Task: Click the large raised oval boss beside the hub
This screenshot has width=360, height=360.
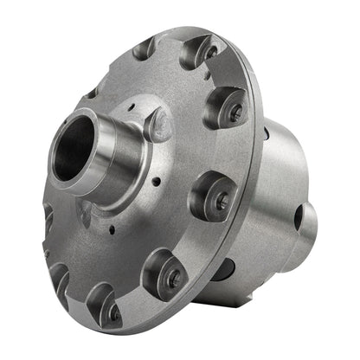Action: point(158,124)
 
